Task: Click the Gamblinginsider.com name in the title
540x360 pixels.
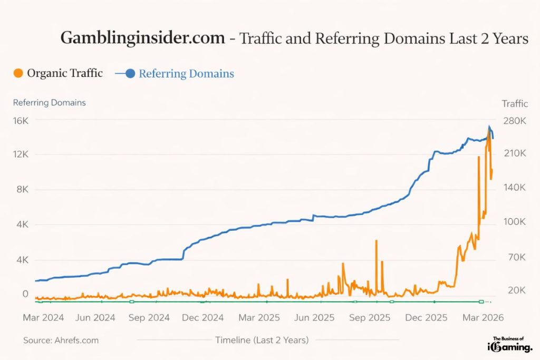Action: [142, 38]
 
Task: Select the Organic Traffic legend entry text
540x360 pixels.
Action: [64, 73]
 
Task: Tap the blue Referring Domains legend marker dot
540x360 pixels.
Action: [130, 73]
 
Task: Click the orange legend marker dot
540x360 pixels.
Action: [18, 73]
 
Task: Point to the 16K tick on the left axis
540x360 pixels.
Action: [21, 121]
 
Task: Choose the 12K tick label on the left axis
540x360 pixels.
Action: [21, 154]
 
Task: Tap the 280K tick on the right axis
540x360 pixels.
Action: [515, 121]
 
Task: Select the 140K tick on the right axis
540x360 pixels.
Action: [515, 188]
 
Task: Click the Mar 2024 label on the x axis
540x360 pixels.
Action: [43, 317]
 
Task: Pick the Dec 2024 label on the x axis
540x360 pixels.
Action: [203, 317]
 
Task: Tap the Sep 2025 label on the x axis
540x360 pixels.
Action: [370, 317]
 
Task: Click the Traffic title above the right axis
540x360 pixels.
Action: [515, 103]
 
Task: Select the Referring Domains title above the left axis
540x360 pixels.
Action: [49, 103]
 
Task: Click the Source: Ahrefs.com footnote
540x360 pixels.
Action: [61, 340]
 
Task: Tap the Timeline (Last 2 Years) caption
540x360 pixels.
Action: [262, 340]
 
